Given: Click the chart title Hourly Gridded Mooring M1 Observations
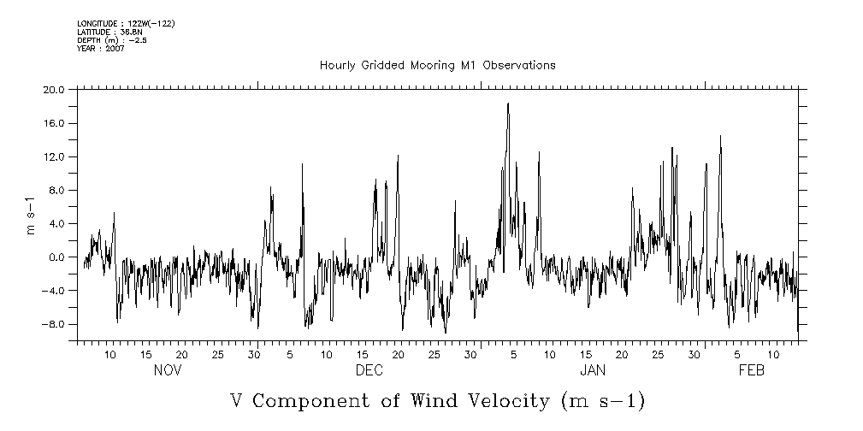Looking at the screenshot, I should point(437,65).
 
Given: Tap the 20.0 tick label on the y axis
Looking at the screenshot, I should point(54,90).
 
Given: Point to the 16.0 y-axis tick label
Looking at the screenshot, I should point(54,123).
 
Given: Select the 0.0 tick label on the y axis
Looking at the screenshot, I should point(56,257).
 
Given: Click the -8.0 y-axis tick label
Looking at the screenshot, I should point(54,324).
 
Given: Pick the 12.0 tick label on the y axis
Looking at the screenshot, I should point(54,156).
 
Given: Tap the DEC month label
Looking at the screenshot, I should point(369,370).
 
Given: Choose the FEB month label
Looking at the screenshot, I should point(751,370).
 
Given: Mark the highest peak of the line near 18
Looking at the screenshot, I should point(508,103).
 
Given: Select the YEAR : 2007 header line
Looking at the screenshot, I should point(101,49).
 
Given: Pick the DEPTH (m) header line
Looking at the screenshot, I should point(111,40).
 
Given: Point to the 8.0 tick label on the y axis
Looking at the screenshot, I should point(56,190).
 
